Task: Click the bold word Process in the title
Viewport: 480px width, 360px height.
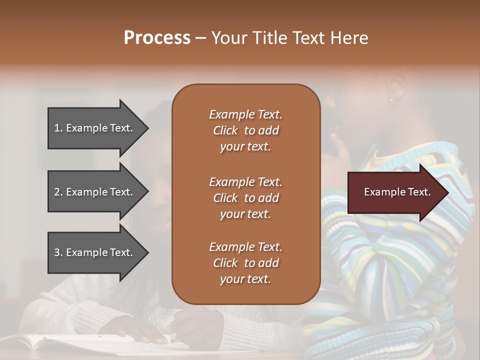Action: click(x=157, y=38)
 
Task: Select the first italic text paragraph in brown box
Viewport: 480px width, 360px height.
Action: click(x=245, y=130)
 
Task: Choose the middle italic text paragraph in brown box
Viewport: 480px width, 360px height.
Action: click(x=245, y=198)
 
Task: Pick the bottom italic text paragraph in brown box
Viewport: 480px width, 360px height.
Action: click(x=245, y=263)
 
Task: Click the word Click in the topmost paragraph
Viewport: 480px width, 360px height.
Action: click(x=225, y=130)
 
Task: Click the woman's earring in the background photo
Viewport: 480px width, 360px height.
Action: click(x=392, y=100)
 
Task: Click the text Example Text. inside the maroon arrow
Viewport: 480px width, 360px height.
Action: click(x=397, y=192)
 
